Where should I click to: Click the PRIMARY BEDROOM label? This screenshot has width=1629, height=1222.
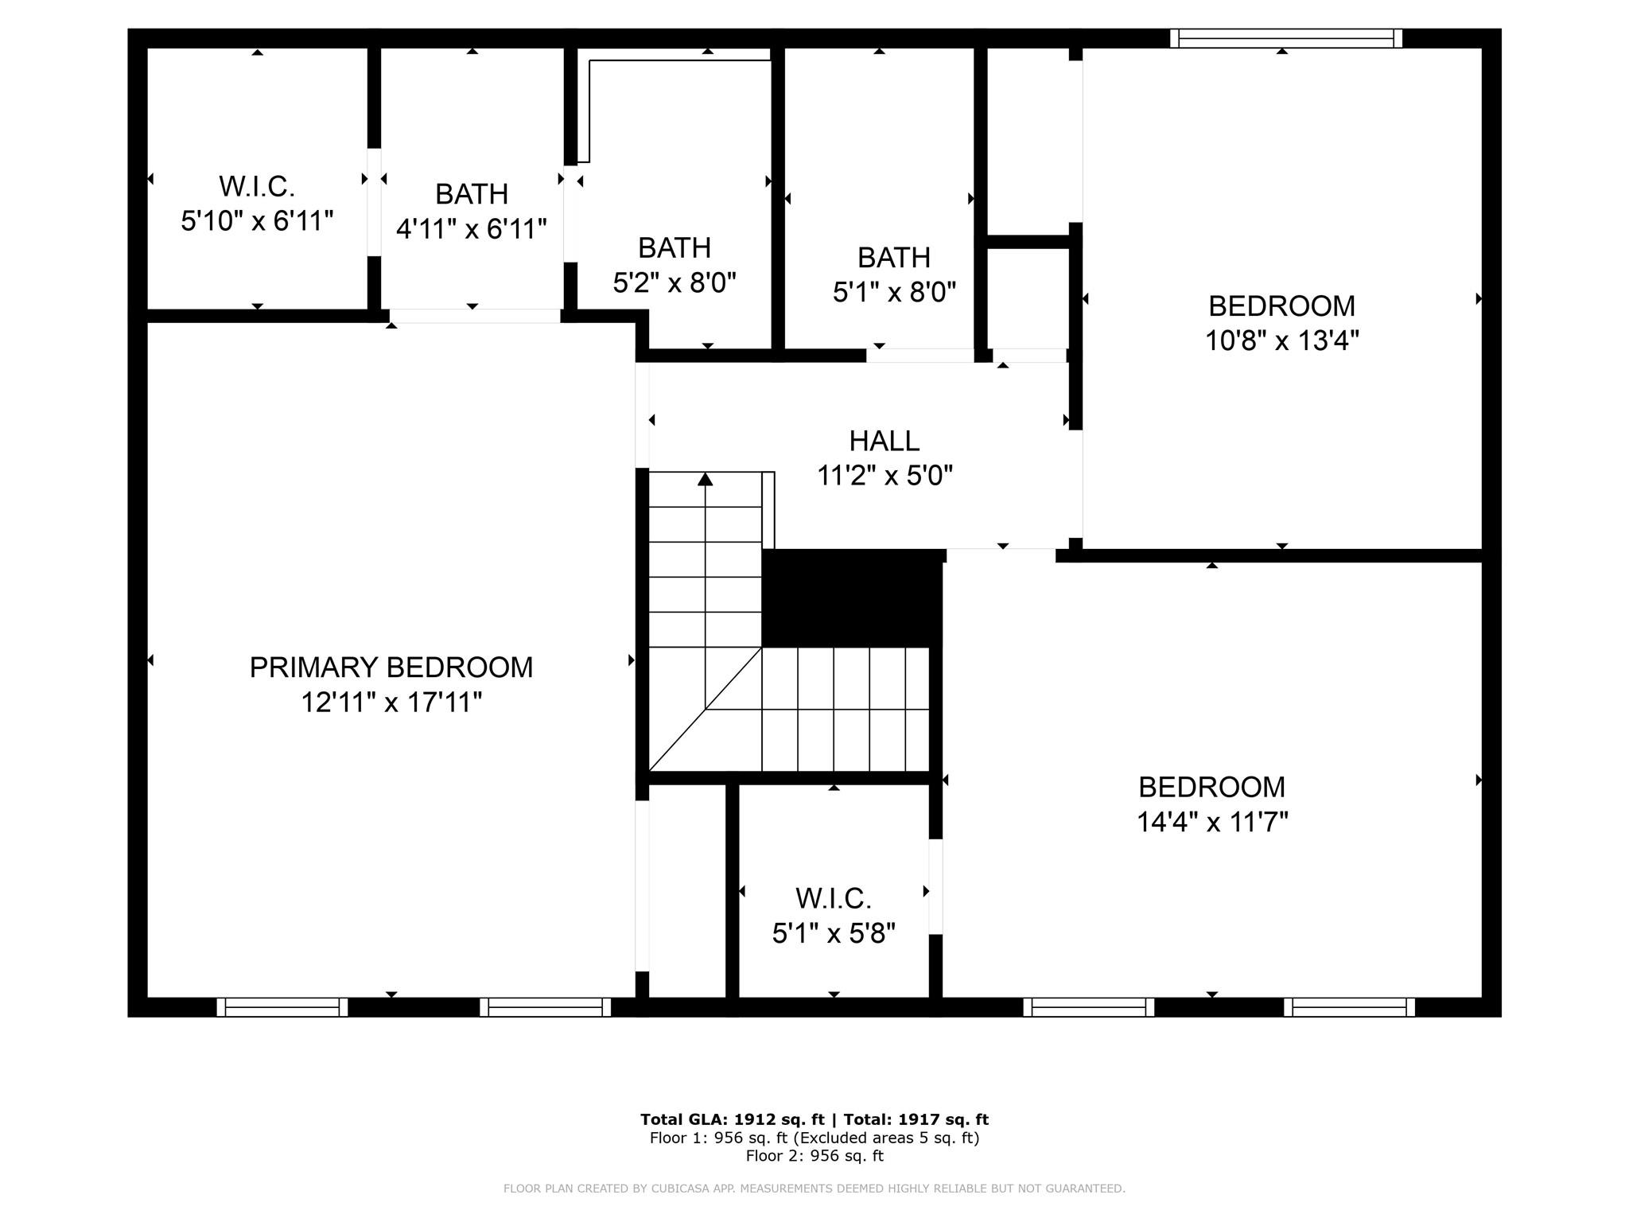pos(391,667)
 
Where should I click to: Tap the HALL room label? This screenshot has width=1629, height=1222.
pos(884,441)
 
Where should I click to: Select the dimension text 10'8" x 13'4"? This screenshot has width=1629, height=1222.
pos(1282,341)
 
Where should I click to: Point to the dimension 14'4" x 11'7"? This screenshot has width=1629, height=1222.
pos(1212,821)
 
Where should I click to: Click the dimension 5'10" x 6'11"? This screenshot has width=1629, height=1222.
pos(257,220)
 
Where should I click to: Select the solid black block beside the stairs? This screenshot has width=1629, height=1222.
pos(852,597)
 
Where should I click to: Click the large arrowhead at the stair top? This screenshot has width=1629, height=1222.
pos(706,479)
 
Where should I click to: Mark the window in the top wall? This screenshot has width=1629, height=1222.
pos(1286,38)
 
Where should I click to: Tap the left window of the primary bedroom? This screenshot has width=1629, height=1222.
pos(282,1007)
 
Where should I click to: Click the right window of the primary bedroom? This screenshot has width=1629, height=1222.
pos(546,1007)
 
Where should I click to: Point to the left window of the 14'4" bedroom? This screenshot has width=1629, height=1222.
pos(1089,1007)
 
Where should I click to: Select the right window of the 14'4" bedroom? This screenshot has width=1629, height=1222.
pos(1350,1007)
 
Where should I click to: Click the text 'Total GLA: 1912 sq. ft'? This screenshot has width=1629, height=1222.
pos(733,1119)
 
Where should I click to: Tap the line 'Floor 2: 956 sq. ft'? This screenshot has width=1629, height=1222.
pos(814,1156)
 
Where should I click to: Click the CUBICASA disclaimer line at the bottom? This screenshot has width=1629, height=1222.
pos(814,1189)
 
